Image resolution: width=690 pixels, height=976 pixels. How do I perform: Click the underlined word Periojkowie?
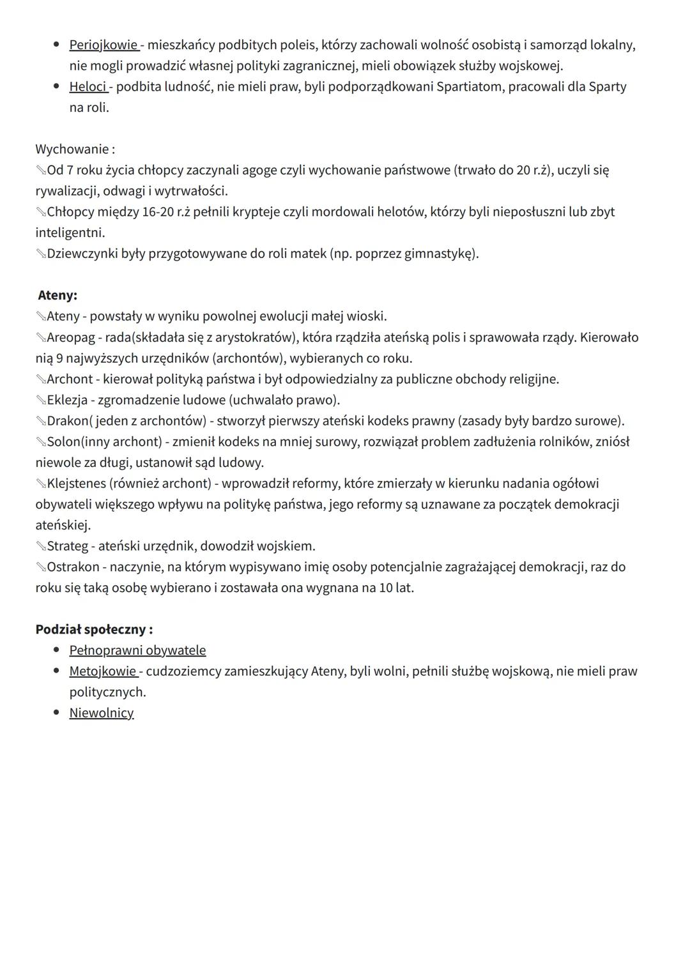103,45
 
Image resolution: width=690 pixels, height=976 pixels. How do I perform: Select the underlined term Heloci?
88,86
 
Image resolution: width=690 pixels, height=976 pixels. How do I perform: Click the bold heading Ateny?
57,295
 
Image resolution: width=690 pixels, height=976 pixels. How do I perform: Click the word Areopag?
70,337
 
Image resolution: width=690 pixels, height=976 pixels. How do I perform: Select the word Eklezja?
67,400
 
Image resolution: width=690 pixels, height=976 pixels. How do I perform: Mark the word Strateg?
67,546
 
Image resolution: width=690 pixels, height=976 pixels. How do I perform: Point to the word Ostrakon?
73,567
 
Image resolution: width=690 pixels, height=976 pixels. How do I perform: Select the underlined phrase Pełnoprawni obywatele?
137,650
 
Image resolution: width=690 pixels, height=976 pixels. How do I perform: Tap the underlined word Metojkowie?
102,671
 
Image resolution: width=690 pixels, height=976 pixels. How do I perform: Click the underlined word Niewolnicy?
102,713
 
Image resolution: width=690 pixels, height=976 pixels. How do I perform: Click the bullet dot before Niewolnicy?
57,712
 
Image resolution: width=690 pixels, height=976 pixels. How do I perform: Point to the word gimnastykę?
440,254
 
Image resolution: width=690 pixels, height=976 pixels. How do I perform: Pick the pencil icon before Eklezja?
41,400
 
